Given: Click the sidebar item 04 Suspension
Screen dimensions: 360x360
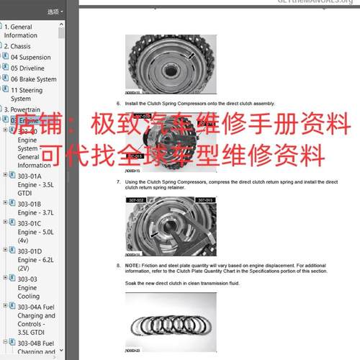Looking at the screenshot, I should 31,57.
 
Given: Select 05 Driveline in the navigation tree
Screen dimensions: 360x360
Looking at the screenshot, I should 27,68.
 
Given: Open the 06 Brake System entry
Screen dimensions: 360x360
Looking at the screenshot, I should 33,79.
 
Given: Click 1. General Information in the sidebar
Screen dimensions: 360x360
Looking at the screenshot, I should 21,31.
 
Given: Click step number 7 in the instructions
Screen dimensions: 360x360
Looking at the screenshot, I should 118,181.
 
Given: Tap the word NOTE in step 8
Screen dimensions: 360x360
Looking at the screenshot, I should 132,266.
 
